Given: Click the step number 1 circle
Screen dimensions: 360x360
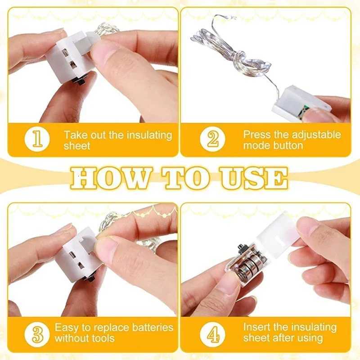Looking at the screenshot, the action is click(x=37, y=139).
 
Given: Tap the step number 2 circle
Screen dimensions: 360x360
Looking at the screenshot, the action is click(x=212, y=139).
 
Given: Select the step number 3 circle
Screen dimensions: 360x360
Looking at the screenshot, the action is click(x=37, y=334).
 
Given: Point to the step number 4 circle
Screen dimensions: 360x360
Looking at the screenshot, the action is click(x=212, y=334).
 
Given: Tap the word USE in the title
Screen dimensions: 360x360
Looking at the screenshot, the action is click(x=254, y=178).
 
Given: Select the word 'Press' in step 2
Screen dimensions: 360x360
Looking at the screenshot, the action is click(x=257, y=134).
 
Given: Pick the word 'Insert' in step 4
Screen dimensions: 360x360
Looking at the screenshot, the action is click(x=257, y=327).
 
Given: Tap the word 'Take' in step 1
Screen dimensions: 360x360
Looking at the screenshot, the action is click(x=76, y=135).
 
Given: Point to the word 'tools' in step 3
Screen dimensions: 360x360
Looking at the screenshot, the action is click(x=103, y=338).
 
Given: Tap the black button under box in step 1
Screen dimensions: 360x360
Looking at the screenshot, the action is click(x=80, y=81).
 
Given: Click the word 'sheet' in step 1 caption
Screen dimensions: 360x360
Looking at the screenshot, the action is click(x=77, y=146).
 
